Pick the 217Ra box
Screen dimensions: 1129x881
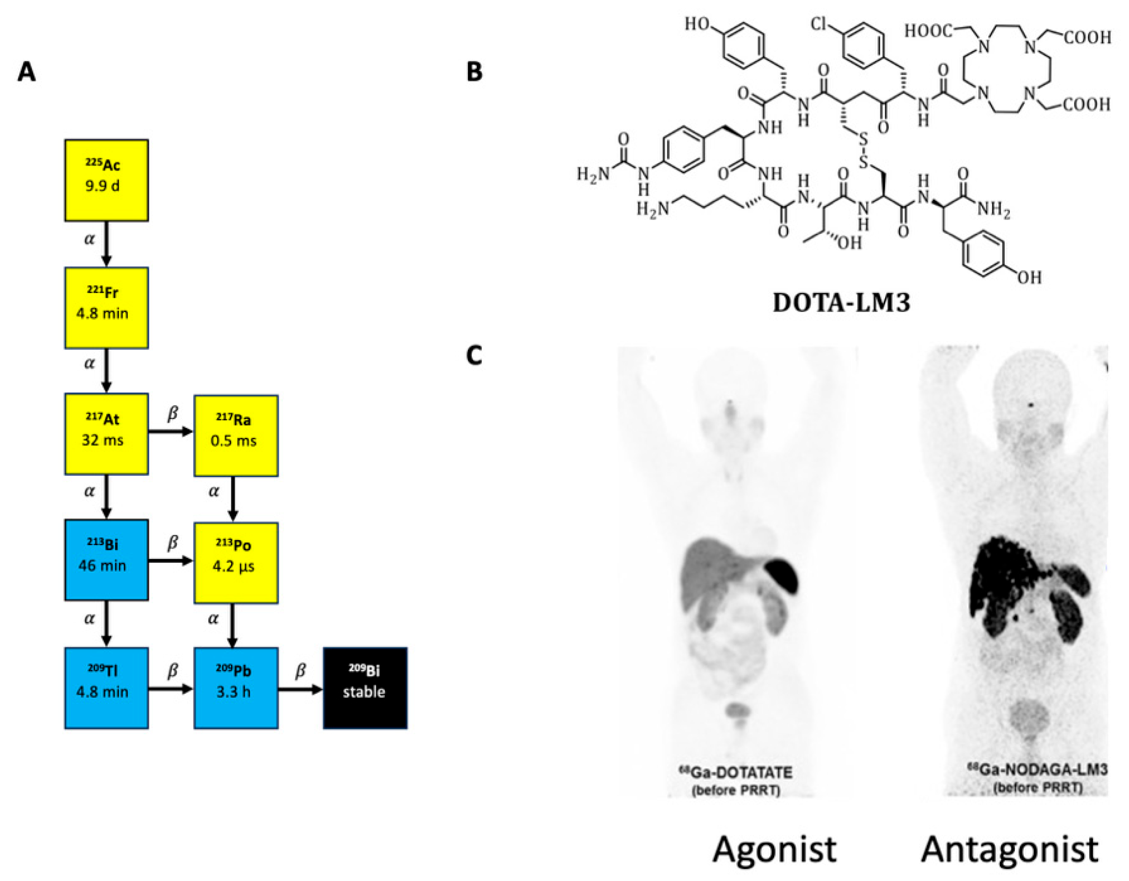[x=236, y=435]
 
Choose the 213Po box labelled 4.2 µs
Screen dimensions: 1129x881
[x=236, y=563]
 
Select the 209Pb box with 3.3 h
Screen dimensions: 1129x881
[x=236, y=687]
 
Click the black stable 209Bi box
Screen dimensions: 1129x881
[x=365, y=687]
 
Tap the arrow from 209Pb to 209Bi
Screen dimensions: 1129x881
[x=300, y=689]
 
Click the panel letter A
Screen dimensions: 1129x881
[x=26, y=71]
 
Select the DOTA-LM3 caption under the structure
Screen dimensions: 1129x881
[x=841, y=303]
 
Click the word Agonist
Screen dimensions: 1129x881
[x=774, y=850]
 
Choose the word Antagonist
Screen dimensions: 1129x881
[x=1010, y=850]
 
